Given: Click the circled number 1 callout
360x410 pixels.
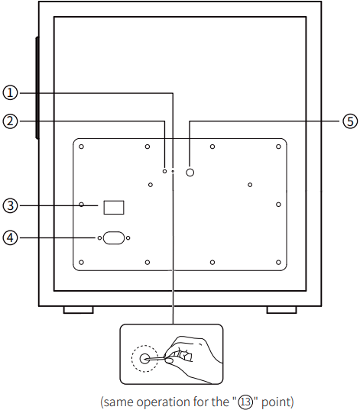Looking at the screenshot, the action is click(10, 93).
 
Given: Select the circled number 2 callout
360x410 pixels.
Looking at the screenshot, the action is click(10, 121).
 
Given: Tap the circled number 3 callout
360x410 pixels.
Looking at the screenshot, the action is click(10, 205).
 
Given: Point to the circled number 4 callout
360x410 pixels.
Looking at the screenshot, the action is click(10, 237).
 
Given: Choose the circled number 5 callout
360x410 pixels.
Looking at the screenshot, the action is click(350, 121).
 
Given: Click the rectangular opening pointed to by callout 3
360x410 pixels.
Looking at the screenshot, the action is click(114, 208).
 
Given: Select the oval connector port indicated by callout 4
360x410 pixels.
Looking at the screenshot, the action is click(114, 238).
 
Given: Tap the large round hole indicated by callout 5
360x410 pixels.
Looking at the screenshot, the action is click(190, 173).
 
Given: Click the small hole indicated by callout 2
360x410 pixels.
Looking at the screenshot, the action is click(164, 171).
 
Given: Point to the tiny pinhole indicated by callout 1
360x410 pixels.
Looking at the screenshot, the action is click(173, 171).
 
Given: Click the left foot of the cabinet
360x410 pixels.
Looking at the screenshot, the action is click(79, 310).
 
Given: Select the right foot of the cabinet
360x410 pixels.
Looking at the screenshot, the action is click(282, 310).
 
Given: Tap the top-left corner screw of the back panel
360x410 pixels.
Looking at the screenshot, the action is click(82, 147).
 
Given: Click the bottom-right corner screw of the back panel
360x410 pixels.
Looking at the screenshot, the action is click(278, 263).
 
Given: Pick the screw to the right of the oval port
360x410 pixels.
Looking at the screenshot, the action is click(128, 238).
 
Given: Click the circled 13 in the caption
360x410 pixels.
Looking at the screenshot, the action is click(246, 402).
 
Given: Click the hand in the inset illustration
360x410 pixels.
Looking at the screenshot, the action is click(193, 358).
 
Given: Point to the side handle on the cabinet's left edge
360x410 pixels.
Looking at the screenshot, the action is click(37, 88).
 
